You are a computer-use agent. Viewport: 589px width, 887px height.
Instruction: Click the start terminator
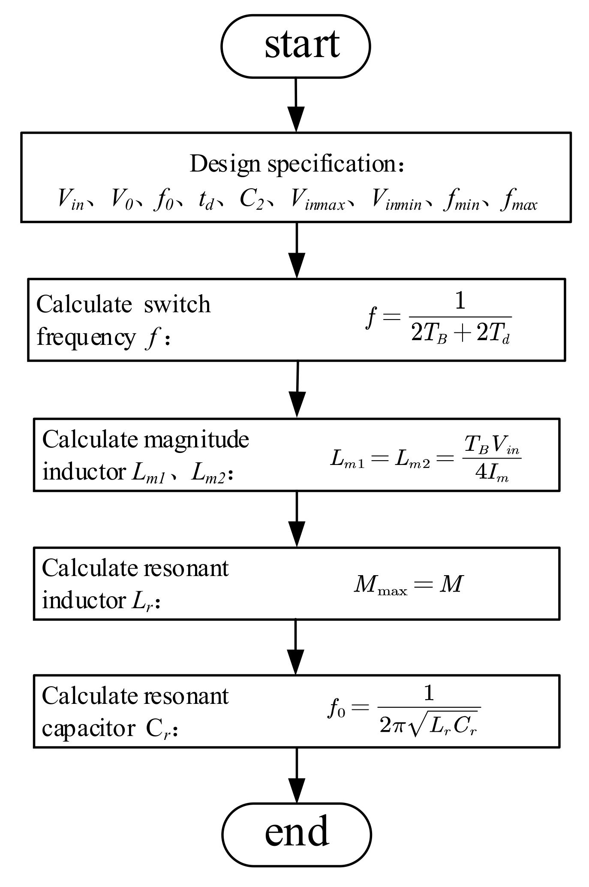(x=296, y=46)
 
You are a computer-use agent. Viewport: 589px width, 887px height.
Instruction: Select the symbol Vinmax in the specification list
(x=317, y=200)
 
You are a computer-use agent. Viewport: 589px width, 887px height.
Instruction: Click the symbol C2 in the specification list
(x=252, y=200)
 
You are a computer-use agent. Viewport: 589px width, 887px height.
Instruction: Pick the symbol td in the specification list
(x=206, y=200)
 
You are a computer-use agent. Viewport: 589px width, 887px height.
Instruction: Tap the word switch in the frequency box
(x=177, y=305)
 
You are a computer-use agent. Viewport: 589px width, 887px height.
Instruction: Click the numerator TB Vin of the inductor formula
(x=492, y=447)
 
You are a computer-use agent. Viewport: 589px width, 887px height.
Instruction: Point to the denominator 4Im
(x=492, y=473)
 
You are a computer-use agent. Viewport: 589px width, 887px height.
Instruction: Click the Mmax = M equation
(x=409, y=584)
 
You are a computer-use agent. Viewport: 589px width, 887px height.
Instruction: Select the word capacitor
(x=88, y=729)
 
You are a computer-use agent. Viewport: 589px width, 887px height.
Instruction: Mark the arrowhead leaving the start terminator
(x=296, y=118)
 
